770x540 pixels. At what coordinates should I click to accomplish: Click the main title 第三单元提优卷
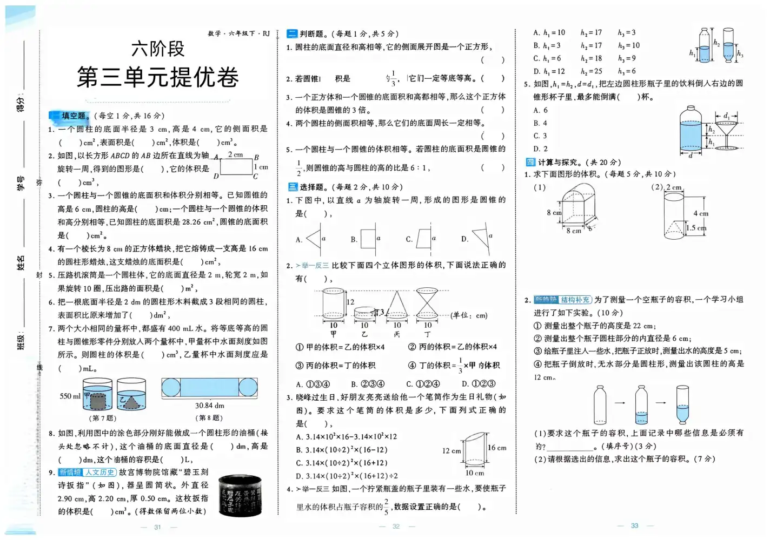[x=157, y=77]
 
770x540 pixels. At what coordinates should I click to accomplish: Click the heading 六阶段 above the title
[x=157, y=49]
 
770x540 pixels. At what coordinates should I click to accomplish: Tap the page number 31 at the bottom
[x=157, y=527]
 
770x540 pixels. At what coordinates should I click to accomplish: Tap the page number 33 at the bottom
[x=634, y=525]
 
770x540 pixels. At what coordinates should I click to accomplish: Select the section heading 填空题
[x=74, y=116]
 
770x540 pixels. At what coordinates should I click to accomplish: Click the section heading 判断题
[x=311, y=33]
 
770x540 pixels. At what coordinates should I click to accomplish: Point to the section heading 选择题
[x=311, y=187]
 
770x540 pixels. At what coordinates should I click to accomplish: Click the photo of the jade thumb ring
[x=241, y=495]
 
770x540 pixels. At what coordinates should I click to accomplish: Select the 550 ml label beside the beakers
[x=70, y=396]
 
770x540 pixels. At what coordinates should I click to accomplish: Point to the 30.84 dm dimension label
[x=209, y=406]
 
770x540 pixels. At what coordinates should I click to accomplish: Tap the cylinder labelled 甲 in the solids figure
[x=334, y=305]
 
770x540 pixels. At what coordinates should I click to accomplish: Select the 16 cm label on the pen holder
[x=497, y=448]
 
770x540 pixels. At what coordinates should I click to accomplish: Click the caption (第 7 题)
[x=103, y=418]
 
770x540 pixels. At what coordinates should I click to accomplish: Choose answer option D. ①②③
[x=479, y=384]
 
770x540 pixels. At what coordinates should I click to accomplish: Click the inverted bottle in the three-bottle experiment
[x=683, y=404]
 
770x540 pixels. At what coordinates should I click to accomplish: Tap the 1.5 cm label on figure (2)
[x=696, y=228]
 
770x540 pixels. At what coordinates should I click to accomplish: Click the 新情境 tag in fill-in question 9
[x=70, y=473]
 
